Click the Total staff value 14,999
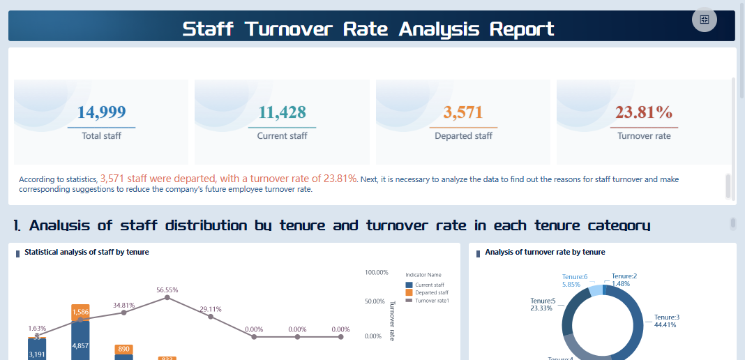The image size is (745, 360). [101, 112]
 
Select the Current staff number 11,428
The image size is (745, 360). [282, 112]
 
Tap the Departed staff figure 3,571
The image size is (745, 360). [463, 112]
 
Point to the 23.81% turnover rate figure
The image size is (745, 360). [644, 112]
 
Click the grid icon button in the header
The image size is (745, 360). [704, 20]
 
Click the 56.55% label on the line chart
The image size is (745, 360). [167, 290]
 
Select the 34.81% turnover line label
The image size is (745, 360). [123, 305]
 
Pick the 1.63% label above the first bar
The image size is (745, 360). [37, 328]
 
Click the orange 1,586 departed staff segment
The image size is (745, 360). [80, 312]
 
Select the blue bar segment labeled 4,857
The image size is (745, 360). [80, 345]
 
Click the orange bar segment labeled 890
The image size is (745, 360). [123, 349]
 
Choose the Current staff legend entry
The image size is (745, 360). [429, 285]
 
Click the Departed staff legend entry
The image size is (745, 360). [430, 292]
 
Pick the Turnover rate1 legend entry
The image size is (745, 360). [432, 300]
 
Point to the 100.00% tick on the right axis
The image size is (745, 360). [376, 272]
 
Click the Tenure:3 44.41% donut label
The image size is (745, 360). [666, 321]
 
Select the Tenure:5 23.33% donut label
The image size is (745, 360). [543, 304]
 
